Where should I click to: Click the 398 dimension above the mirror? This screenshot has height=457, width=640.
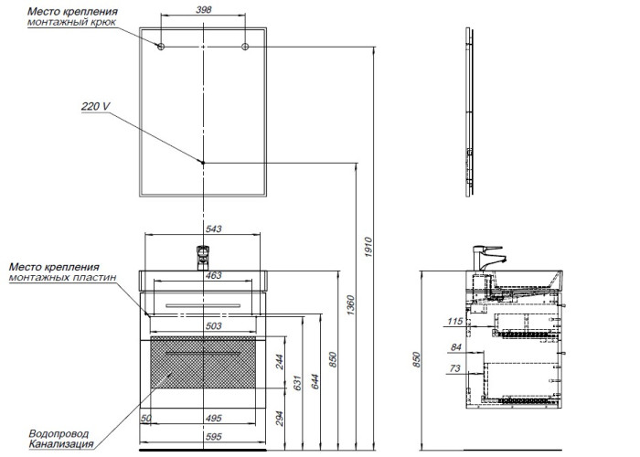204,11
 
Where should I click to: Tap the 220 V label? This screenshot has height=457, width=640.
95,106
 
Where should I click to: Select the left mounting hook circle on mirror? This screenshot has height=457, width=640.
161,47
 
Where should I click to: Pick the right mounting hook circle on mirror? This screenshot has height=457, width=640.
246,47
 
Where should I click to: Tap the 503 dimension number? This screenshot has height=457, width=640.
212,324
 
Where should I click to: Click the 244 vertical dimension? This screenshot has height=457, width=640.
280,362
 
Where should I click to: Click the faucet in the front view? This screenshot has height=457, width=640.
203,257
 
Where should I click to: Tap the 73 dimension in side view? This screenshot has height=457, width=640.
456,370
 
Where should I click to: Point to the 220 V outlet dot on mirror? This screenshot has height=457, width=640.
203,162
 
